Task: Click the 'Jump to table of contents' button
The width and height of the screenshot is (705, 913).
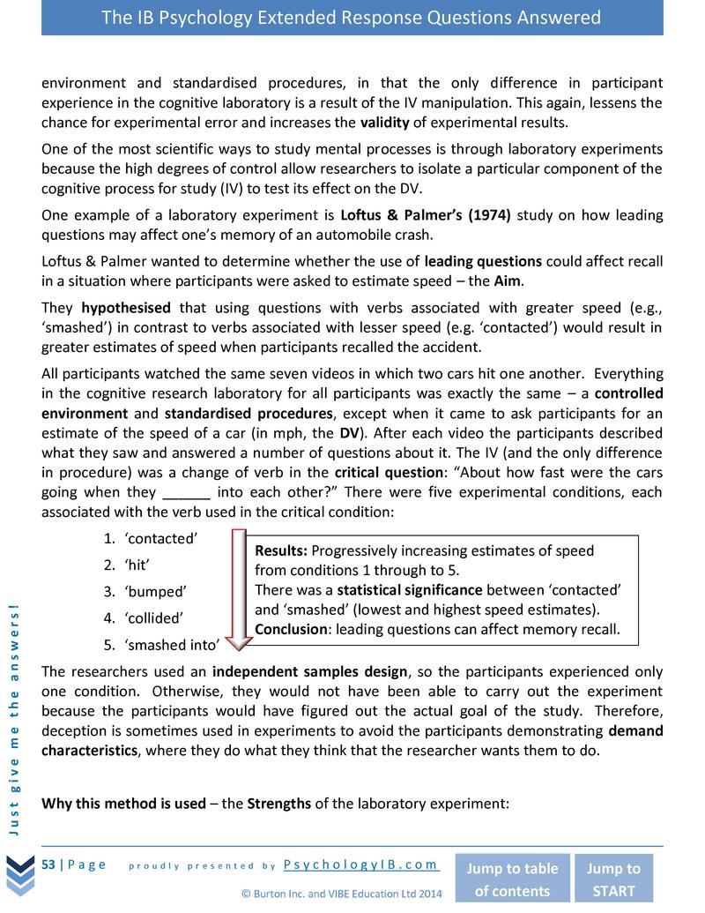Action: pos(511,879)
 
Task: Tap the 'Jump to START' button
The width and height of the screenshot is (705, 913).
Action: pos(614,879)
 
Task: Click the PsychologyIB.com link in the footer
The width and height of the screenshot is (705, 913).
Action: pos(361,864)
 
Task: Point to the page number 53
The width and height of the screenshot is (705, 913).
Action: pos(49,864)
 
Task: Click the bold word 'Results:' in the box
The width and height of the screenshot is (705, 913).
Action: pos(281,550)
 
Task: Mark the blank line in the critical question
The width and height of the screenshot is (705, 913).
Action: pos(186,493)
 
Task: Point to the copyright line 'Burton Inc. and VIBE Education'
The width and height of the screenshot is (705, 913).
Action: pos(342,894)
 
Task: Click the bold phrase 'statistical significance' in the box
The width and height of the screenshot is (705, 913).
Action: pos(409,589)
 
